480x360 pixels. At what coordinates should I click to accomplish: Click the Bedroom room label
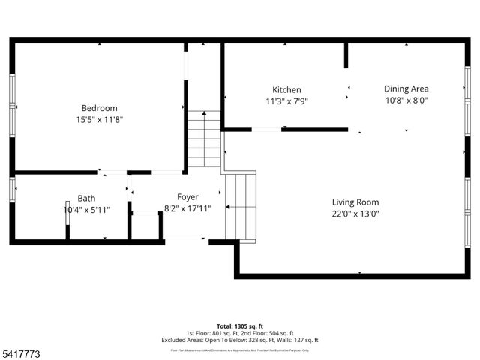(99, 108)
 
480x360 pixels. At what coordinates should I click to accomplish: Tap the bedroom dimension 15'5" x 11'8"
(99, 119)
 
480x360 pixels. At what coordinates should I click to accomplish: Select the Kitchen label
(286, 89)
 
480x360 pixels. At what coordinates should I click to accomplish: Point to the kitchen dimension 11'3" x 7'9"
(286, 100)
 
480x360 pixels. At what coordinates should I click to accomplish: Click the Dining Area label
(406, 88)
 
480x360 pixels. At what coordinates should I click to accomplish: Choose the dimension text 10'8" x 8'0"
(406, 100)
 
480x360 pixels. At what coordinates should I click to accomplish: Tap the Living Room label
(355, 202)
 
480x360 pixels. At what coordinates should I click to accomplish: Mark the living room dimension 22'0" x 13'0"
(355, 214)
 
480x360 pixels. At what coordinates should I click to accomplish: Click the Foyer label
(187, 197)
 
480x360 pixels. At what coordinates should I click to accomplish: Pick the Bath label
(86, 199)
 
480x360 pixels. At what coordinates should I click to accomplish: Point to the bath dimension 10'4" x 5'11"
(86, 210)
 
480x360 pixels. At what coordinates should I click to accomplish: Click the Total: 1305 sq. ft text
(240, 327)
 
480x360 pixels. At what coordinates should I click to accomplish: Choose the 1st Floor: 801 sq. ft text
(211, 333)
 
